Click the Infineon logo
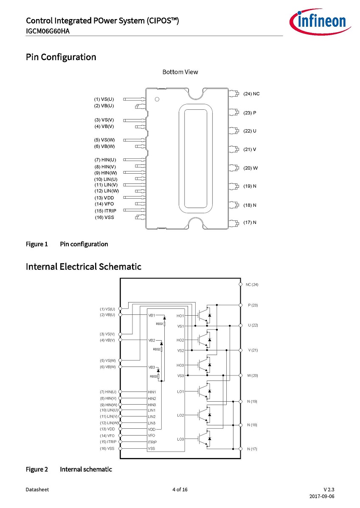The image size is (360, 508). [x=320, y=21]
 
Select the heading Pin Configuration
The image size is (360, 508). [x=61, y=57]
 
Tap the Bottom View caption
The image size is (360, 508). [x=180, y=72]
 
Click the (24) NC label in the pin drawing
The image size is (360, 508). [x=252, y=94]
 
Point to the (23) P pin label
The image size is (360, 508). [x=250, y=113]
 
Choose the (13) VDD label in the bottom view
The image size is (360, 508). [x=104, y=197]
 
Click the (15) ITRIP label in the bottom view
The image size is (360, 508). [x=105, y=211]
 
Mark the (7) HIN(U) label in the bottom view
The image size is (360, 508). [x=105, y=160]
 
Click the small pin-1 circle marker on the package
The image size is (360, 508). [x=157, y=99]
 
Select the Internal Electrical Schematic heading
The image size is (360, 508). [x=84, y=266]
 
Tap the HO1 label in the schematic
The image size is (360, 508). [x=180, y=316]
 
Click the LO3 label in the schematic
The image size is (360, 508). [x=180, y=439]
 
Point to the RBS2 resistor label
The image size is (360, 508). [x=157, y=349]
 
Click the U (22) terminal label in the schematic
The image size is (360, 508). [x=253, y=325]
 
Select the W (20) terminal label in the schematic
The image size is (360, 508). [x=253, y=375]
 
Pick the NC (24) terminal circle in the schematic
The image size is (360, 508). [x=241, y=284]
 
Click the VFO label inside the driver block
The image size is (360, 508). [x=151, y=436]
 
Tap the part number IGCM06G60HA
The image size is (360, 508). [x=48, y=31]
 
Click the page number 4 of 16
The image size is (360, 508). [x=180, y=489]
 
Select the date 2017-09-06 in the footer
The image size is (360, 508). [x=322, y=496]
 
